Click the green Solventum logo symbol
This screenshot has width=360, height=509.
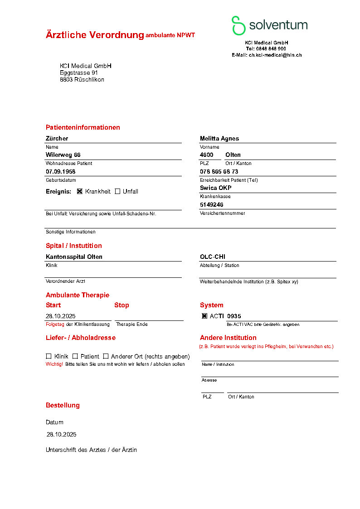coord(238,25)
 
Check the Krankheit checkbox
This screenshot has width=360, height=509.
coord(80,191)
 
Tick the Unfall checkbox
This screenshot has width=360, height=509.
coord(117,191)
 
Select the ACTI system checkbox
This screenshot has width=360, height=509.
coord(204,316)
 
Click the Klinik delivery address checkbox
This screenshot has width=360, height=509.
coord(49,356)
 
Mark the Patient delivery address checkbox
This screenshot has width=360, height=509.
coord(75,356)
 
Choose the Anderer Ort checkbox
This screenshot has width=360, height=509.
coord(106,356)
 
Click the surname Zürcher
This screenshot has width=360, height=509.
coord(57,138)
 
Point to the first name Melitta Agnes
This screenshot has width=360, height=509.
coord(219,138)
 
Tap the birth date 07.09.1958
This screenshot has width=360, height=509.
coord(60,171)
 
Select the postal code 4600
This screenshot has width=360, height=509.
coord(206,155)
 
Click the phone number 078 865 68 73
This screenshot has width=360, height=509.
coord(219,171)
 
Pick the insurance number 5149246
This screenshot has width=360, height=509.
coord(211,204)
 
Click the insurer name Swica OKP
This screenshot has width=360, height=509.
coord(215,188)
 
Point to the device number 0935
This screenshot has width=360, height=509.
coord(234,316)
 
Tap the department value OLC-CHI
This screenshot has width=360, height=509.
coord(213,257)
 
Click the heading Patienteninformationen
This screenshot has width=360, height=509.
coord(83,127)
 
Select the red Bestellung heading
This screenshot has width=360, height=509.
coord(63,405)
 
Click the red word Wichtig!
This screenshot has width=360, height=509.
coord(54,364)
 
